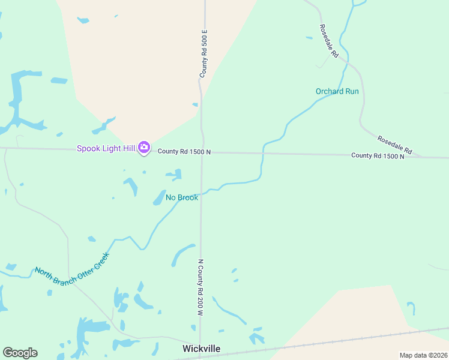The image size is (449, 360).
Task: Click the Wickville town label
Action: (x=201, y=349)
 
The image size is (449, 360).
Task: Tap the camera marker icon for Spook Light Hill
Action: (x=143, y=147)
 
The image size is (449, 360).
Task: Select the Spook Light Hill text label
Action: (x=106, y=148)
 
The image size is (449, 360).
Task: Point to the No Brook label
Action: (x=182, y=197)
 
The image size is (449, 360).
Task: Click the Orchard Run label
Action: (x=337, y=91)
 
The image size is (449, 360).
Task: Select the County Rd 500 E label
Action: (x=203, y=53)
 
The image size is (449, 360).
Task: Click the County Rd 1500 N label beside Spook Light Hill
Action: (x=184, y=152)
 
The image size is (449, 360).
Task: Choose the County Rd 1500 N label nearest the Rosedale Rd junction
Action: (x=378, y=155)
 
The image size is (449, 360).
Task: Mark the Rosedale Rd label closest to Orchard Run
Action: (x=329, y=41)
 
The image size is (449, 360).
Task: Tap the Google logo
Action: (x=20, y=353)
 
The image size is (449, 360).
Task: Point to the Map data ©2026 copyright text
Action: (x=423, y=355)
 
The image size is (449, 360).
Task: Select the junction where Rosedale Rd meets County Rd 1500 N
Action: (x=423, y=157)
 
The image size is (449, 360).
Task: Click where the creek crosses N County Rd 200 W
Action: (x=202, y=193)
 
